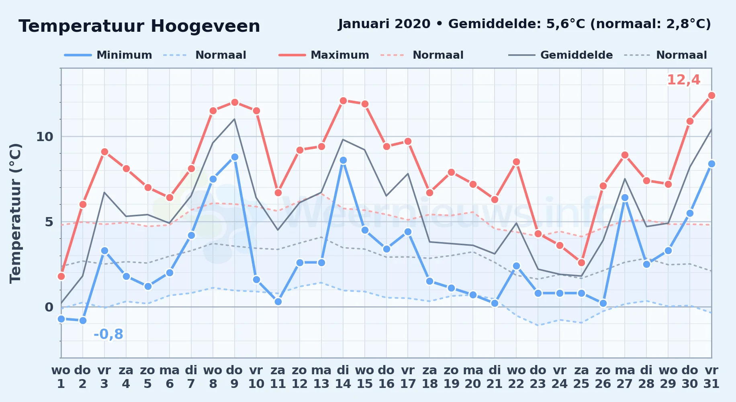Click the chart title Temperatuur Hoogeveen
pos(139,27)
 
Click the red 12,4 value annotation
pos(683,80)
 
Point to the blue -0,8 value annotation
pos(108,334)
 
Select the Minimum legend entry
pos(108,55)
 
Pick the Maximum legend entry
pos(324,55)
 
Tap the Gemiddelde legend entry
pos(561,55)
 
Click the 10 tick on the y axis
pos(45,137)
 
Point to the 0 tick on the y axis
pos(49,307)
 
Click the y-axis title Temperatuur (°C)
pos(15,213)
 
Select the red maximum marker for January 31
pos(711,95)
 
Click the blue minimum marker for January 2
pos(83,320)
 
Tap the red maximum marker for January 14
pos(343,100)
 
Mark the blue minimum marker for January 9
pos(235,157)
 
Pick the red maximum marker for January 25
pos(581,263)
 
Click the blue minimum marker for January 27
pos(625,198)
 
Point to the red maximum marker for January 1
pos(61,276)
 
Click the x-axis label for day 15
pos(365,377)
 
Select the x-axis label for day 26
pos(603,377)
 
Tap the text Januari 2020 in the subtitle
pos(384,24)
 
